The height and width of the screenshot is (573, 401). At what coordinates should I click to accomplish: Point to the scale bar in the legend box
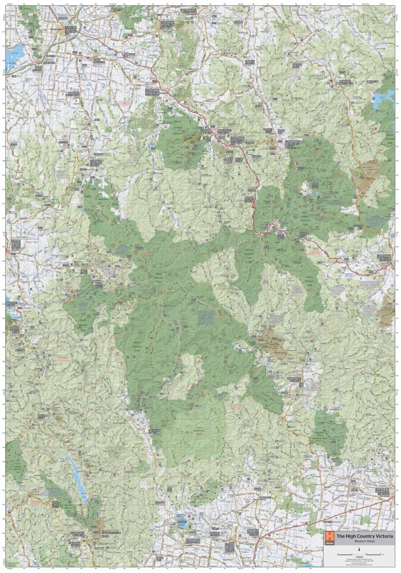[x=358, y=554]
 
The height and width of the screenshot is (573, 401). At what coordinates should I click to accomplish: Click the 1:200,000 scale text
[x=358, y=550]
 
